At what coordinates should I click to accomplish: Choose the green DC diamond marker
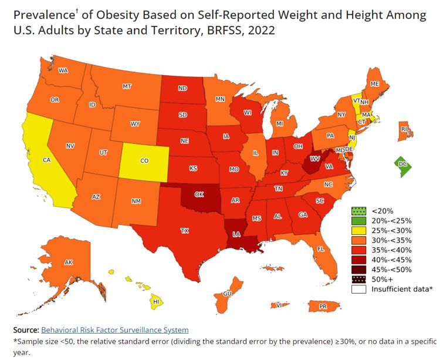401,165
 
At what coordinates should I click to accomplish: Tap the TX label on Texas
184,230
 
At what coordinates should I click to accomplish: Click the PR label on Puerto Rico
323,306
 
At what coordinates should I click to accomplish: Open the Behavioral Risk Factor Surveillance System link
115,330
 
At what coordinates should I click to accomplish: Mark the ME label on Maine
375,84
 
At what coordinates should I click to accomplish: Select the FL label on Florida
321,248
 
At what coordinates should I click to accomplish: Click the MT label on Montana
127,86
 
